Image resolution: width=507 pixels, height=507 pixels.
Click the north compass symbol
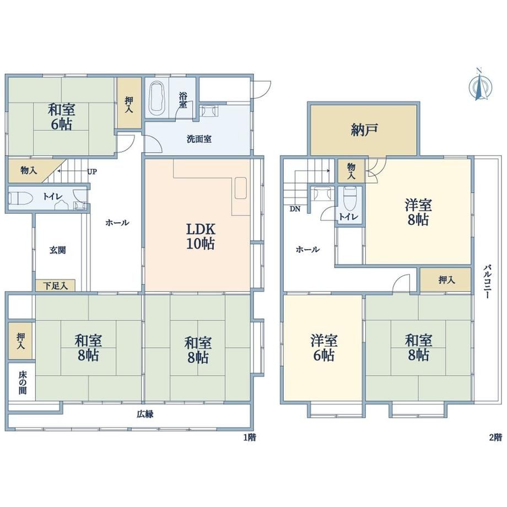click(x=480, y=84)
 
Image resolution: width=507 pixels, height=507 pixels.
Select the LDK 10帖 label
click(x=201, y=236)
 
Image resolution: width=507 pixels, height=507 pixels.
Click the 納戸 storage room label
click(x=364, y=130)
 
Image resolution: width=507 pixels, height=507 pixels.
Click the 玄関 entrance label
click(x=58, y=250)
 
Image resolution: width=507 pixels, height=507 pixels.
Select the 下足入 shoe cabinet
click(x=55, y=285)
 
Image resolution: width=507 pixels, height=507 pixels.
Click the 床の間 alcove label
click(x=22, y=382)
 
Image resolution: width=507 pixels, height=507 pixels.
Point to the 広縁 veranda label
click(x=144, y=414)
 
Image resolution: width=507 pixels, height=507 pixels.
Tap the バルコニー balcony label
click(x=488, y=282)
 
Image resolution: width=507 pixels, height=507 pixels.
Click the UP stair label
click(x=92, y=171)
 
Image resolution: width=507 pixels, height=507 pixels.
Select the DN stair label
click(x=295, y=209)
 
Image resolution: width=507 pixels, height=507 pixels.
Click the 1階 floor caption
click(x=250, y=438)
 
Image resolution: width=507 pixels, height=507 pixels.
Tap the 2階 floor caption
click(x=495, y=438)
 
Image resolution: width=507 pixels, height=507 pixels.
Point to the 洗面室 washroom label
click(x=199, y=139)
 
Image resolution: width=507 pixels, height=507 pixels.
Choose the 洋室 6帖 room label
click(x=323, y=348)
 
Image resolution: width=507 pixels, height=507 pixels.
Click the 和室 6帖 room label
click(x=61, y=117)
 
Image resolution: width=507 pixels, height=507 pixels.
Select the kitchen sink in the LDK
click(x=241, y=188)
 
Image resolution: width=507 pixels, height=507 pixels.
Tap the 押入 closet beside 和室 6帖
click(x=130, y=103)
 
